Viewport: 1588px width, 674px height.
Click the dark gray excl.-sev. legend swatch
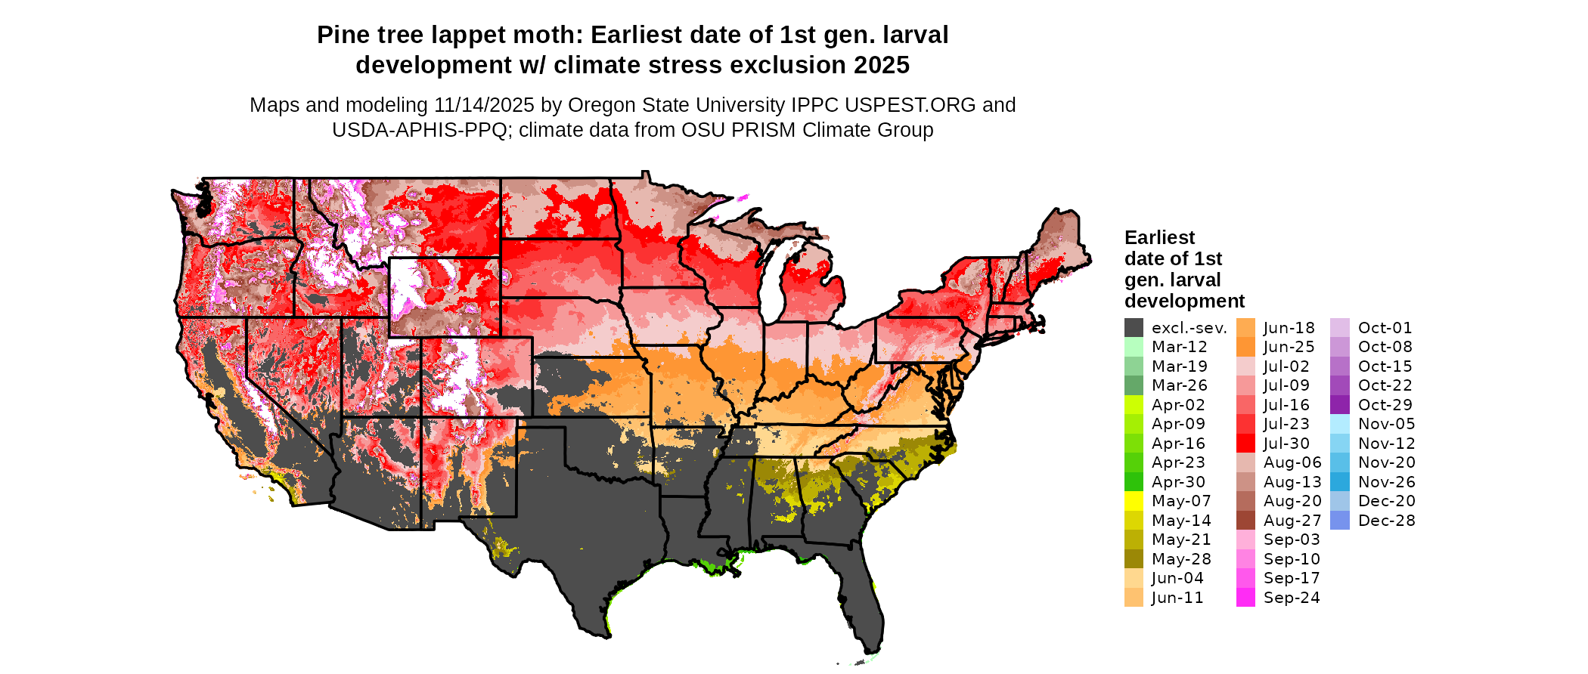click(1134, 328)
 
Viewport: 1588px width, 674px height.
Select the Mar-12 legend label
click(1179, 347)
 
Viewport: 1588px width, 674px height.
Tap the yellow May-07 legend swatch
click(1134, 501)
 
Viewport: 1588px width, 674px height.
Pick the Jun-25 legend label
click(1289, 347)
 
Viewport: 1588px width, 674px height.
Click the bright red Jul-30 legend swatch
click(1245, 444)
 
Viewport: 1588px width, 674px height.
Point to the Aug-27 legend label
click(1292, 521)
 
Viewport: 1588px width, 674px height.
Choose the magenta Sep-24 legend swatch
click(1245, 598)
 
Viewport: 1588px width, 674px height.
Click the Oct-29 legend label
click(1385, 405)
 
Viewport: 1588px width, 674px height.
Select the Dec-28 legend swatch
click(1339, 521)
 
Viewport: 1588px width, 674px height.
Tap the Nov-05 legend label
click(1386, 424)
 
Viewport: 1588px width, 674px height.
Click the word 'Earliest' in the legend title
click(1159, 238)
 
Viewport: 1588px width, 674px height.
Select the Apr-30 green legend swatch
click(1134, 482)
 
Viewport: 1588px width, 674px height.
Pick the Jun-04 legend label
click(1177, 578)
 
